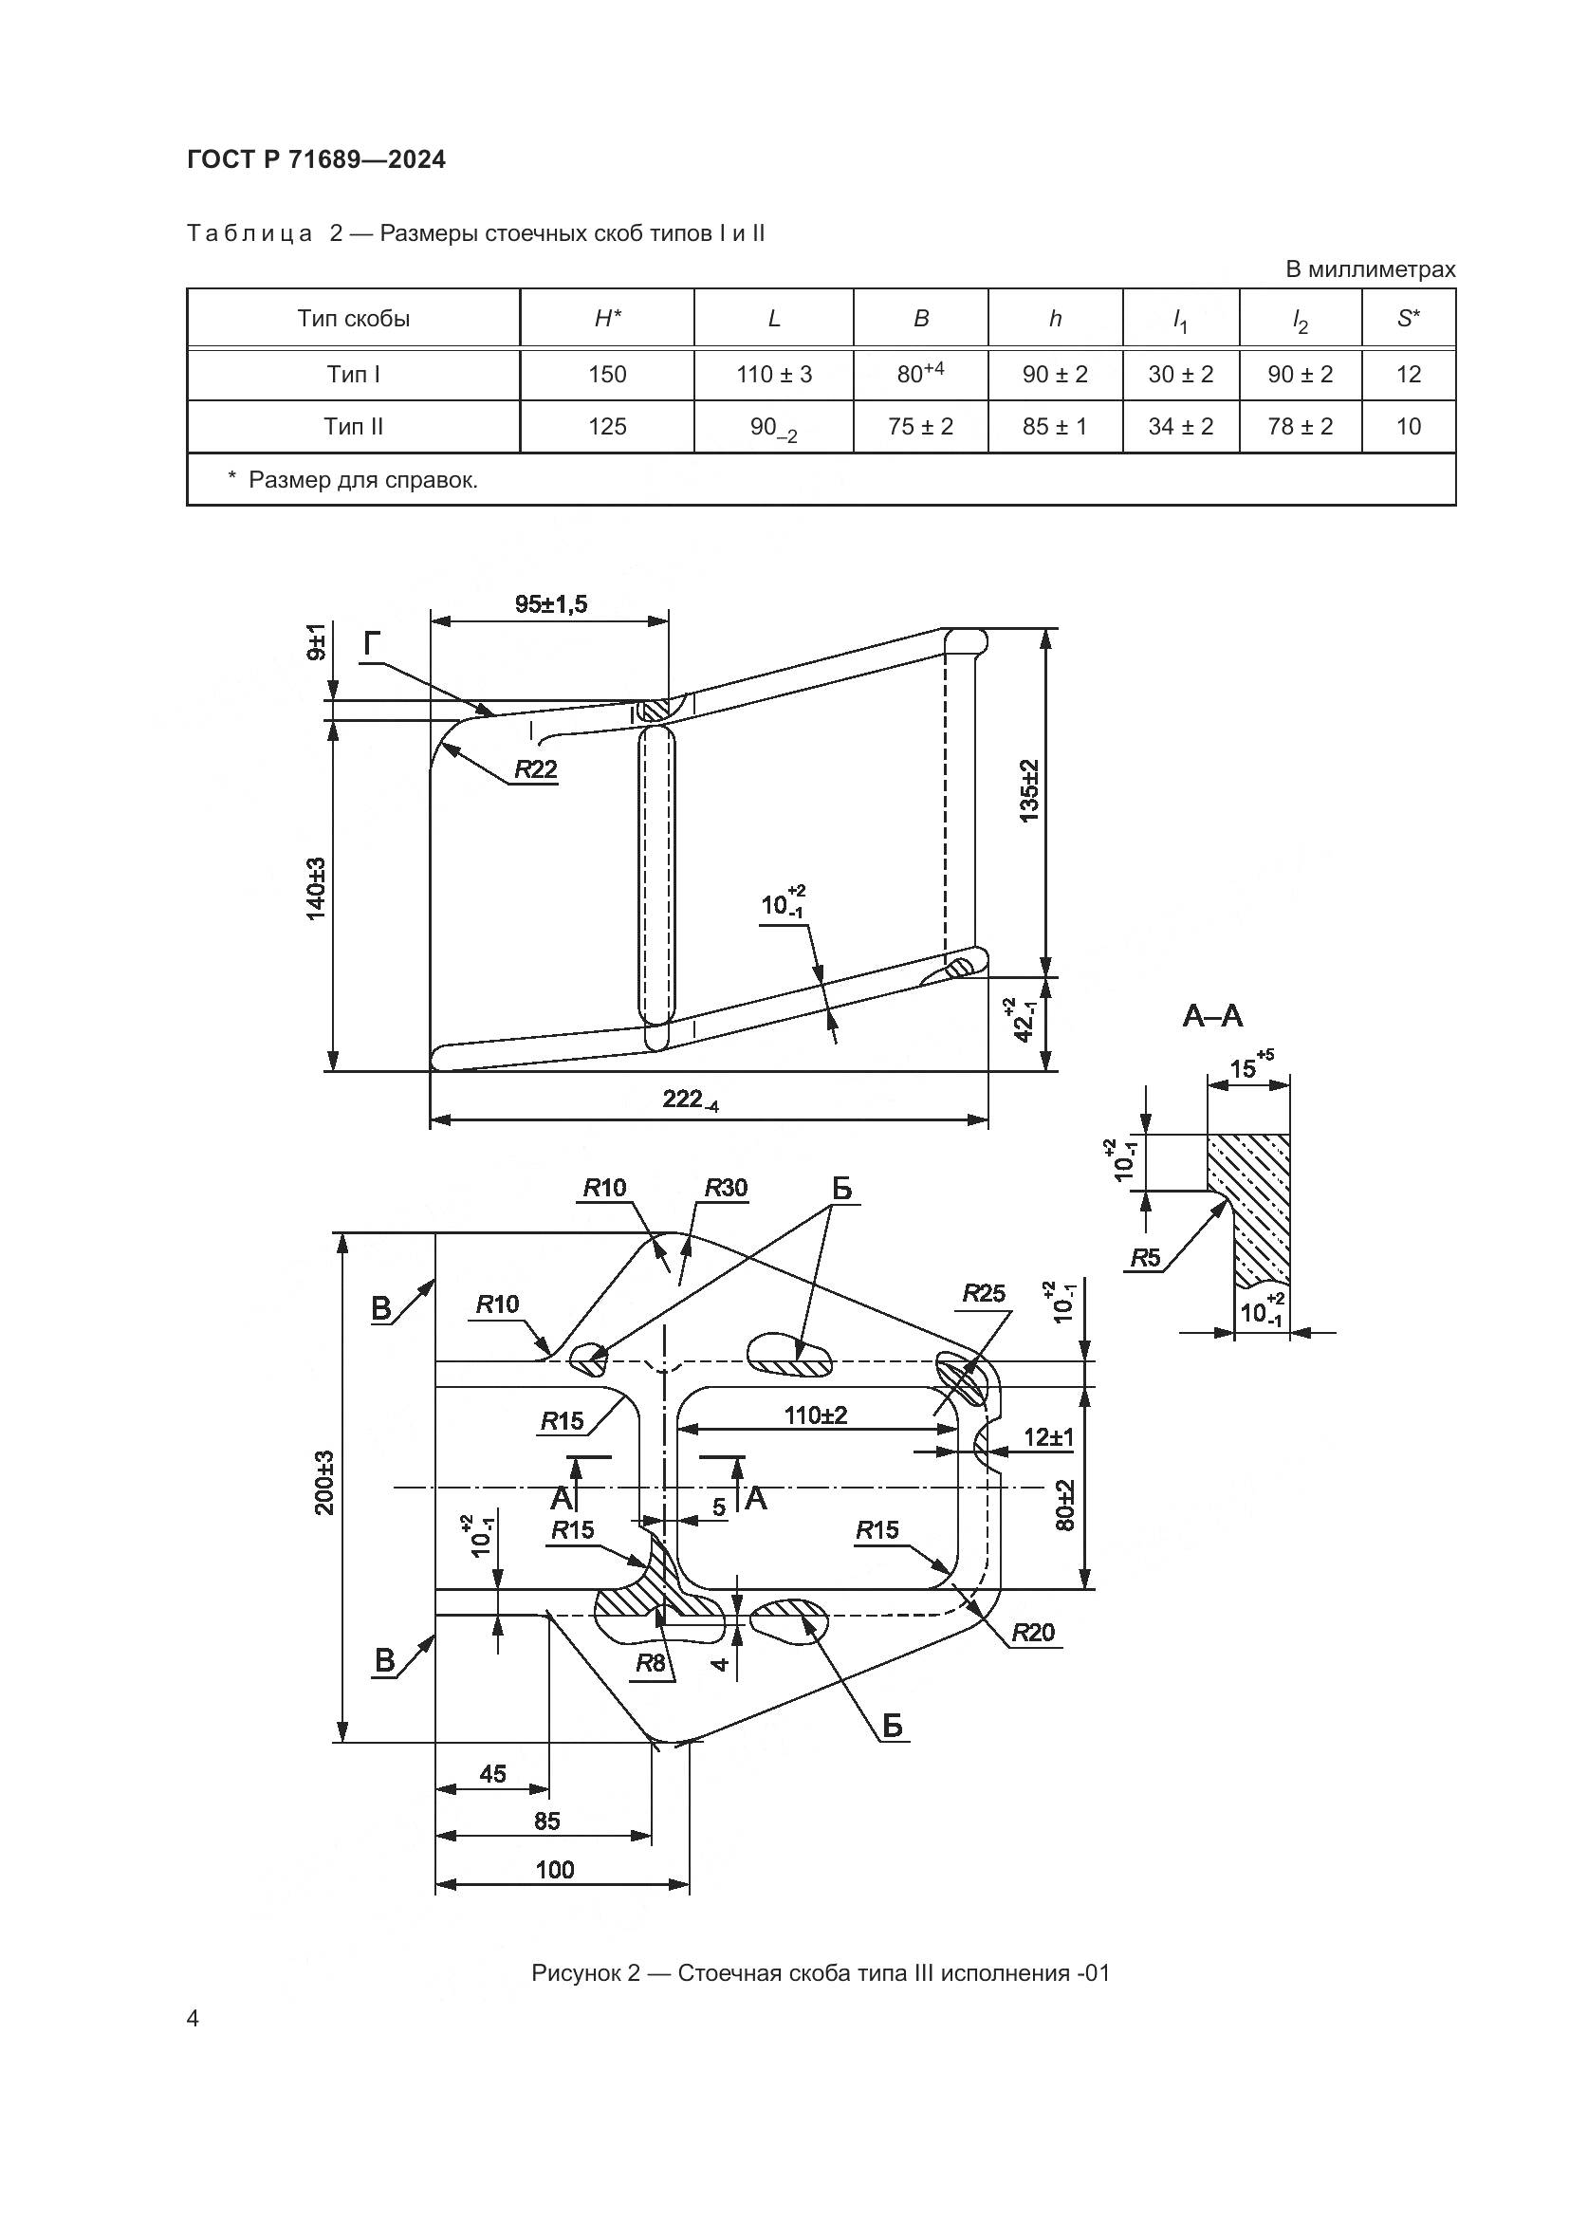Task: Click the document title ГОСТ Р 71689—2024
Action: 316,160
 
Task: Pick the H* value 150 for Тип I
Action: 607,374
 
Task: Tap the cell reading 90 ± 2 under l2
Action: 1300,374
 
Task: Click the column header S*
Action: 1408,318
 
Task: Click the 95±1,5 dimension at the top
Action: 551,604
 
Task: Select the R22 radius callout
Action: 534,769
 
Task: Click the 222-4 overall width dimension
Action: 690,1099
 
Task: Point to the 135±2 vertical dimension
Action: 1029,790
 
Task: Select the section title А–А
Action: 1212,1016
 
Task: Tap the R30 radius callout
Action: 726,1188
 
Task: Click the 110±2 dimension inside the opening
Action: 816,1415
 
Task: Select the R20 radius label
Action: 1033,1633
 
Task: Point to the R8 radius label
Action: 650,1663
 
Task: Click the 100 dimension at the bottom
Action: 555,1869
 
